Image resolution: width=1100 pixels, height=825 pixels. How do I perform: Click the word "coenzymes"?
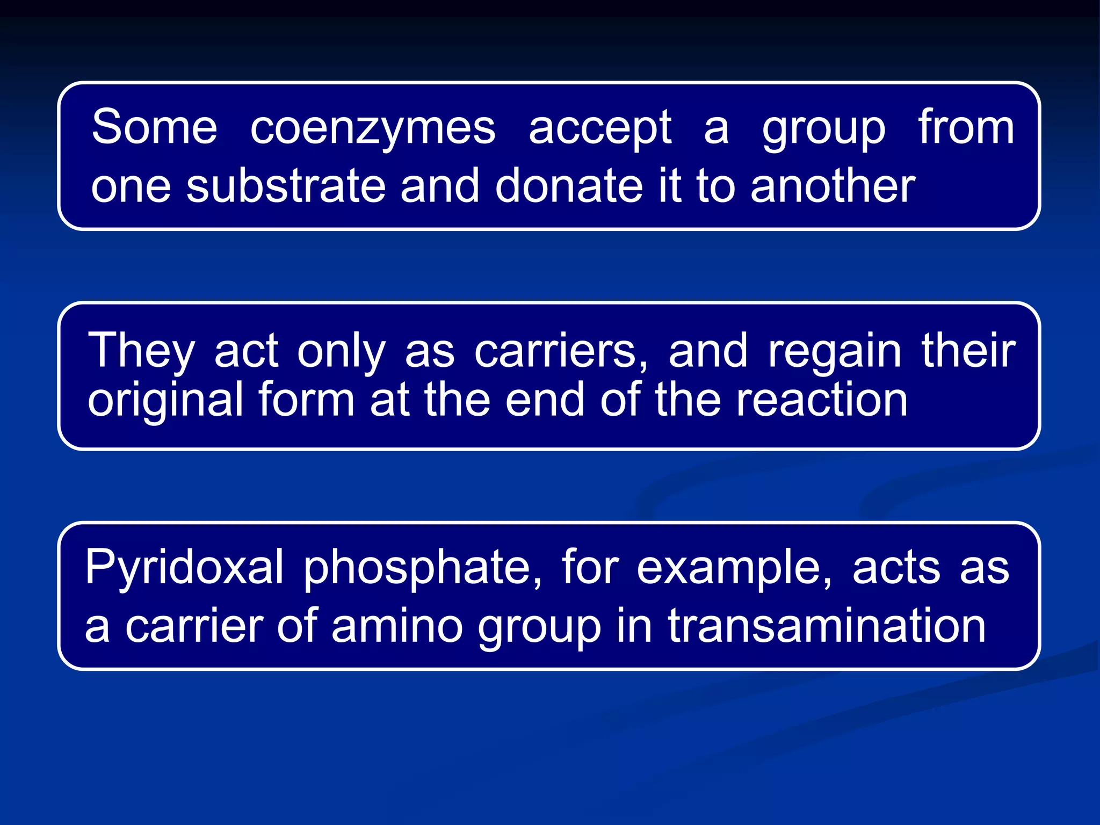(373, 129)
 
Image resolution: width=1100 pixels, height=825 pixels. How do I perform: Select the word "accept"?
(600, 129)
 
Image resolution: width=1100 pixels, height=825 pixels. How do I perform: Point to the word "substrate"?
(286, 186)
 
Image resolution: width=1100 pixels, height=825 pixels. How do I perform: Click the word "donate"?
(568, 186)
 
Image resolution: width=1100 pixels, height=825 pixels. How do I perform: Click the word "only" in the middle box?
(342, 352)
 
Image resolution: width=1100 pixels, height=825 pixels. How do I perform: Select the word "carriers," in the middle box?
(561, 352)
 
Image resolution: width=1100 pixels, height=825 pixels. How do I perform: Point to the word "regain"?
(834, 352)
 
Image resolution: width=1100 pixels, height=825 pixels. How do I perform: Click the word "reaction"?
(822, 400)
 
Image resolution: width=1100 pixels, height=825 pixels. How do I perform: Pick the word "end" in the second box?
(544, 400)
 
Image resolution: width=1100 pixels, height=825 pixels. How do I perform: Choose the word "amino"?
(397, 626)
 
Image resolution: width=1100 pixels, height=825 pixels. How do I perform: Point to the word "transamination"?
(827, 626)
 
